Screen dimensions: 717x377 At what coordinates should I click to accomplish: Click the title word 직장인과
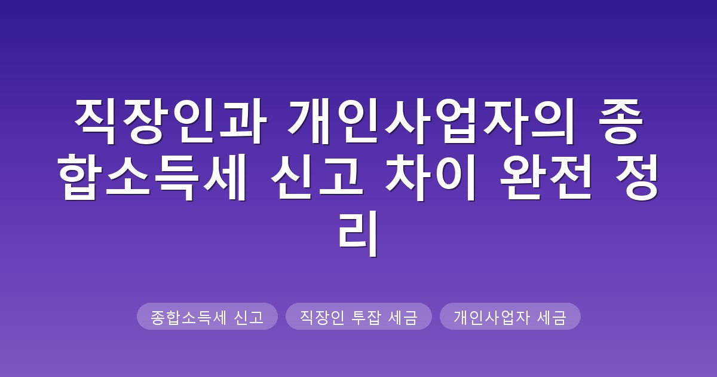point(171,121)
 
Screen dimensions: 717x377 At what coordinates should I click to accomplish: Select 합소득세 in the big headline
point(152,177)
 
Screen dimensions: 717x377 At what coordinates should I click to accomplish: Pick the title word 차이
point(431,177)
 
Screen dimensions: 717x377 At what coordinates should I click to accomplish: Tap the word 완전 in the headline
point(546,177)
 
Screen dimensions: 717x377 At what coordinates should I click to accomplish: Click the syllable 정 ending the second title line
point(636,177)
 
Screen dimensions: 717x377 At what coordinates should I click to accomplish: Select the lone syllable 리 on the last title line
point(358,233)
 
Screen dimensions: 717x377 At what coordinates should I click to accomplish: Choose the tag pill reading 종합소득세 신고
point(207,317)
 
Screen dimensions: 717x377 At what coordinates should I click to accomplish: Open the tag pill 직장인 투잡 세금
point(358,317)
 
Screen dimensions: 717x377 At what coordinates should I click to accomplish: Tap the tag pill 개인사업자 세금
point(510,317)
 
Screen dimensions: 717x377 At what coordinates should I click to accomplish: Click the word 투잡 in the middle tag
point(366,317)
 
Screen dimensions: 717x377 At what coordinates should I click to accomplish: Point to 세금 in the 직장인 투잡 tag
point(403,317)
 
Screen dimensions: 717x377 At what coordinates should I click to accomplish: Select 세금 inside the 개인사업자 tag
point(551,317)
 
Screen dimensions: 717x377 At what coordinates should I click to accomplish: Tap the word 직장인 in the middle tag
point(322,317)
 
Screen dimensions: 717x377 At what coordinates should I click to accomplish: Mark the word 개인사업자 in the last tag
point(492,317)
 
